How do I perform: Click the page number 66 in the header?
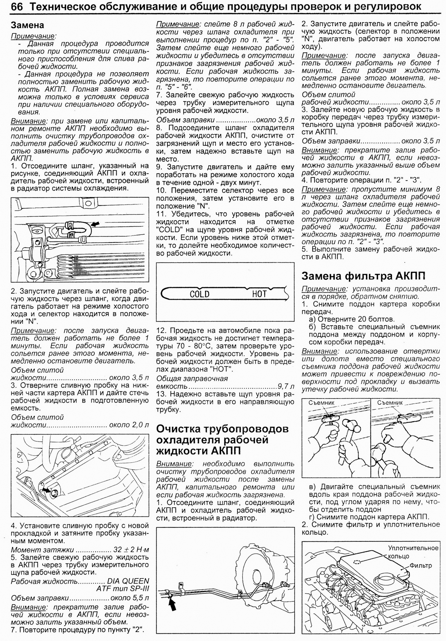click(x=17, y=7)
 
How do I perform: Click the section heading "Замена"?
click(x=27, y=25)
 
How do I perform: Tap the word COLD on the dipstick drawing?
click(x=199, y=294)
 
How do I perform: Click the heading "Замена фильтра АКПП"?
click(x=363, y=276)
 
